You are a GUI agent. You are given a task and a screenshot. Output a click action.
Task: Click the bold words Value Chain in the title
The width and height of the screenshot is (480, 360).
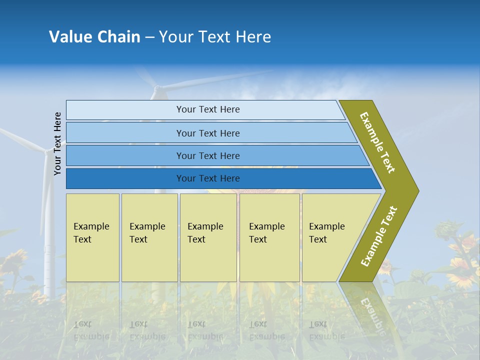coord(94,37)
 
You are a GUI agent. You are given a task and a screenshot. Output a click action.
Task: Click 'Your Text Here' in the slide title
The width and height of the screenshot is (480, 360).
coord(215,37)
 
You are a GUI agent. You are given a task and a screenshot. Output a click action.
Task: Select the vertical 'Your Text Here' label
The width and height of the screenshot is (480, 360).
coord(57,143)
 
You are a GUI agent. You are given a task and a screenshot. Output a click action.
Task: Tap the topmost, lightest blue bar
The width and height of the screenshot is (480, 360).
coord(205,109)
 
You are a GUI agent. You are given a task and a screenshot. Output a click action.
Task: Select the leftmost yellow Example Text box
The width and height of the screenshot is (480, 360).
coord(92,237)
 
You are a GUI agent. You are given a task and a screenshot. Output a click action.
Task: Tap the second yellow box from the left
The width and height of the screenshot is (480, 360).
coord(149,237)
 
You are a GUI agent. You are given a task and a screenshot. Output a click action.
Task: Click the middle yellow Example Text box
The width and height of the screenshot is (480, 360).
coord(208,237)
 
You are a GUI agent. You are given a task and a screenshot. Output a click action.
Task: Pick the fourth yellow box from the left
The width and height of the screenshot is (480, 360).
coord(269,237)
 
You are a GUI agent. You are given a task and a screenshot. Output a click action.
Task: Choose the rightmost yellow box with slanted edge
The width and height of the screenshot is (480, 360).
coord(330,237)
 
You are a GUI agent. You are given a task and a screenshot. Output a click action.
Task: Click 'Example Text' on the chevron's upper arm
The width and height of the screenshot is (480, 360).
coord(378,142)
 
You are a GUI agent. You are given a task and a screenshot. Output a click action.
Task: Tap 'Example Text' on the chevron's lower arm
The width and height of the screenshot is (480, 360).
coord(379,236)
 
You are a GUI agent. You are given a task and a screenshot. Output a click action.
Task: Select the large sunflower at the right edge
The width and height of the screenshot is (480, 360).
coord(462,272)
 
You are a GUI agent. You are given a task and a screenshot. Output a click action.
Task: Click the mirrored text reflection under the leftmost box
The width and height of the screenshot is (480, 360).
coord(91,330)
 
